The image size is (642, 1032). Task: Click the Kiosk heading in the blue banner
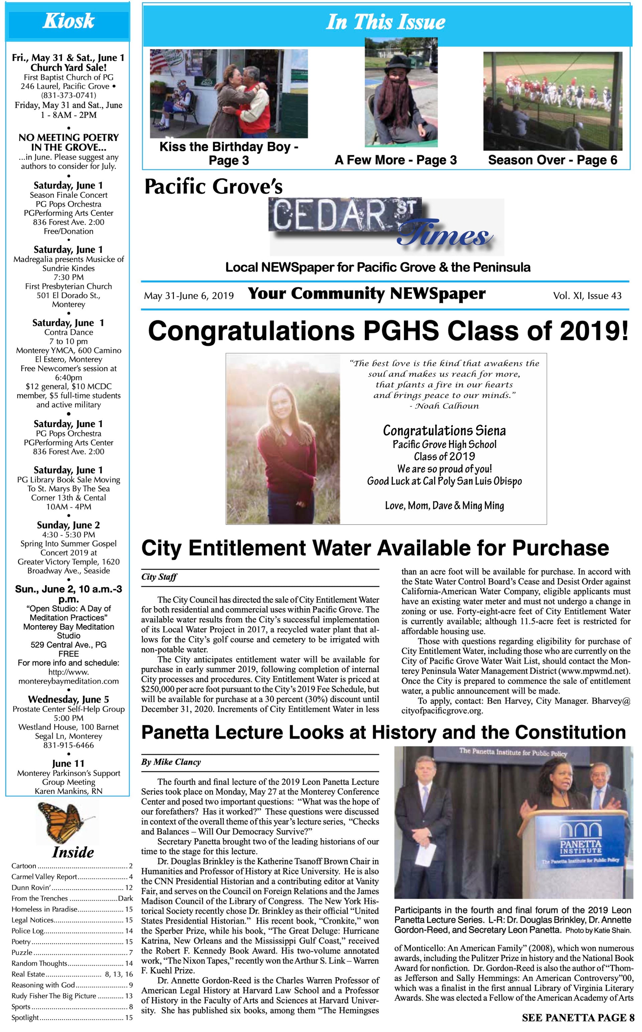pyautogui.click(x=68, y=21)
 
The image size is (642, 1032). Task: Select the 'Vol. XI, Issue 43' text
pyautogui.click(x=587, y=296)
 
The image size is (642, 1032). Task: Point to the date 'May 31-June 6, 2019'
pyautogui.click(x=189, y=296)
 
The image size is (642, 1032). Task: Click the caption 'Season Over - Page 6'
pyautogui.click(x=552, y=160)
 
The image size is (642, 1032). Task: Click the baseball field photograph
pyautogui.click(x=552, y=101)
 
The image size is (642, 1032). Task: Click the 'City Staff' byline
pyautogui.click(x=159, y=577)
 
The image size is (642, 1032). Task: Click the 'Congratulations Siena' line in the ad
pyautogui.click(x=444, y=431)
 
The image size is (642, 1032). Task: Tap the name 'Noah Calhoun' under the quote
pyautogui.click(x=446, y=406)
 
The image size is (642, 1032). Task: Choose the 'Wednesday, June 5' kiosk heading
pyautogui.click(x=68, y=699)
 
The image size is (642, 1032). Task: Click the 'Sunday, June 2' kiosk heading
pyautogui.click(x=68, y=525)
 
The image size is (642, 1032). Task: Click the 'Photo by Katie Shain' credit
pyautogui.click(x=598, y=931)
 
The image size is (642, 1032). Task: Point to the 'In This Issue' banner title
pyautogui.click(x=385, y=22)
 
